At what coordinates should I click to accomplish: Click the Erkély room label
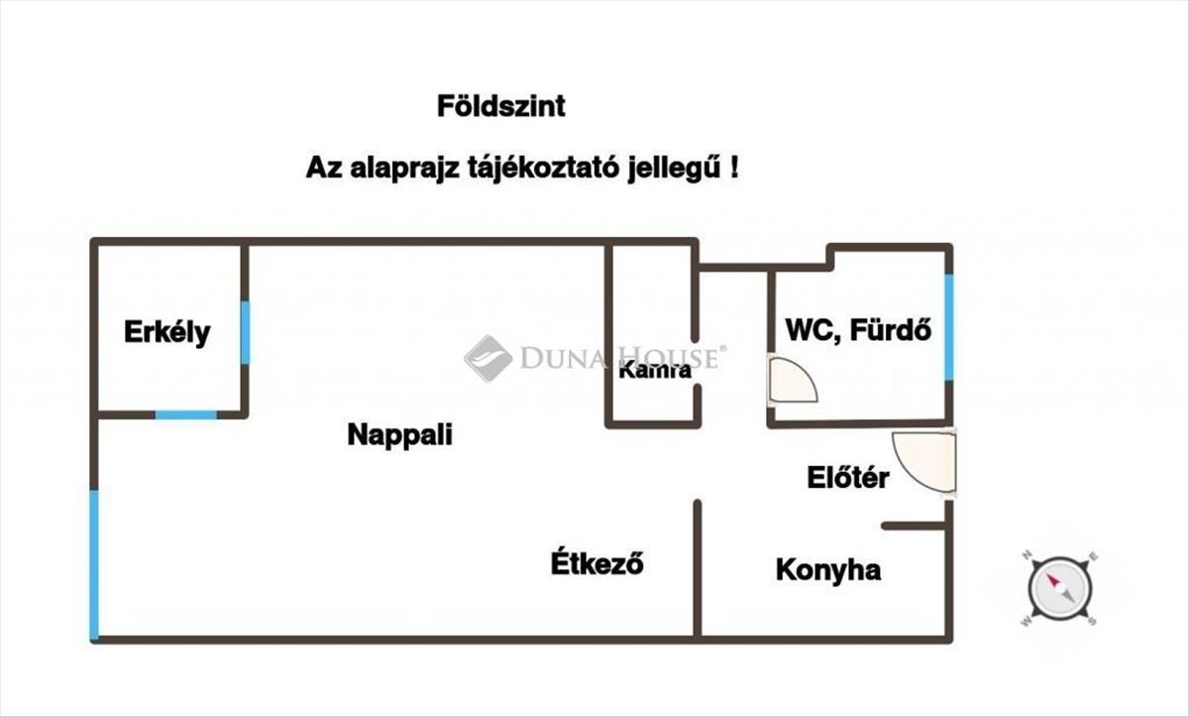point(166,332)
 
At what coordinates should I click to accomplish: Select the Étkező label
point(597,563)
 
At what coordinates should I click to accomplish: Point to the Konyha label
point(828,570)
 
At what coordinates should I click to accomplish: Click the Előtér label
point(846,479)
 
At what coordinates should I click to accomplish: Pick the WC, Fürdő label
point(859,330)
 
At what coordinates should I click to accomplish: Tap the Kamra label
point(654,372)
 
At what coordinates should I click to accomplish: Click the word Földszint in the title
point(501,106)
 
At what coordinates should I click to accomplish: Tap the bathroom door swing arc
point(794,382)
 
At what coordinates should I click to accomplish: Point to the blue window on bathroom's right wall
point(948,326)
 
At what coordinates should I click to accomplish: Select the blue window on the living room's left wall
point(94,564)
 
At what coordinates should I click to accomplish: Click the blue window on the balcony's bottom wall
point(185,415)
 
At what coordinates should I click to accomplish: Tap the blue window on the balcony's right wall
point(245,332)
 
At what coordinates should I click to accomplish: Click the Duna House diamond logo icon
point(487,358)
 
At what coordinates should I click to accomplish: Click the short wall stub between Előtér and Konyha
point(916,525)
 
